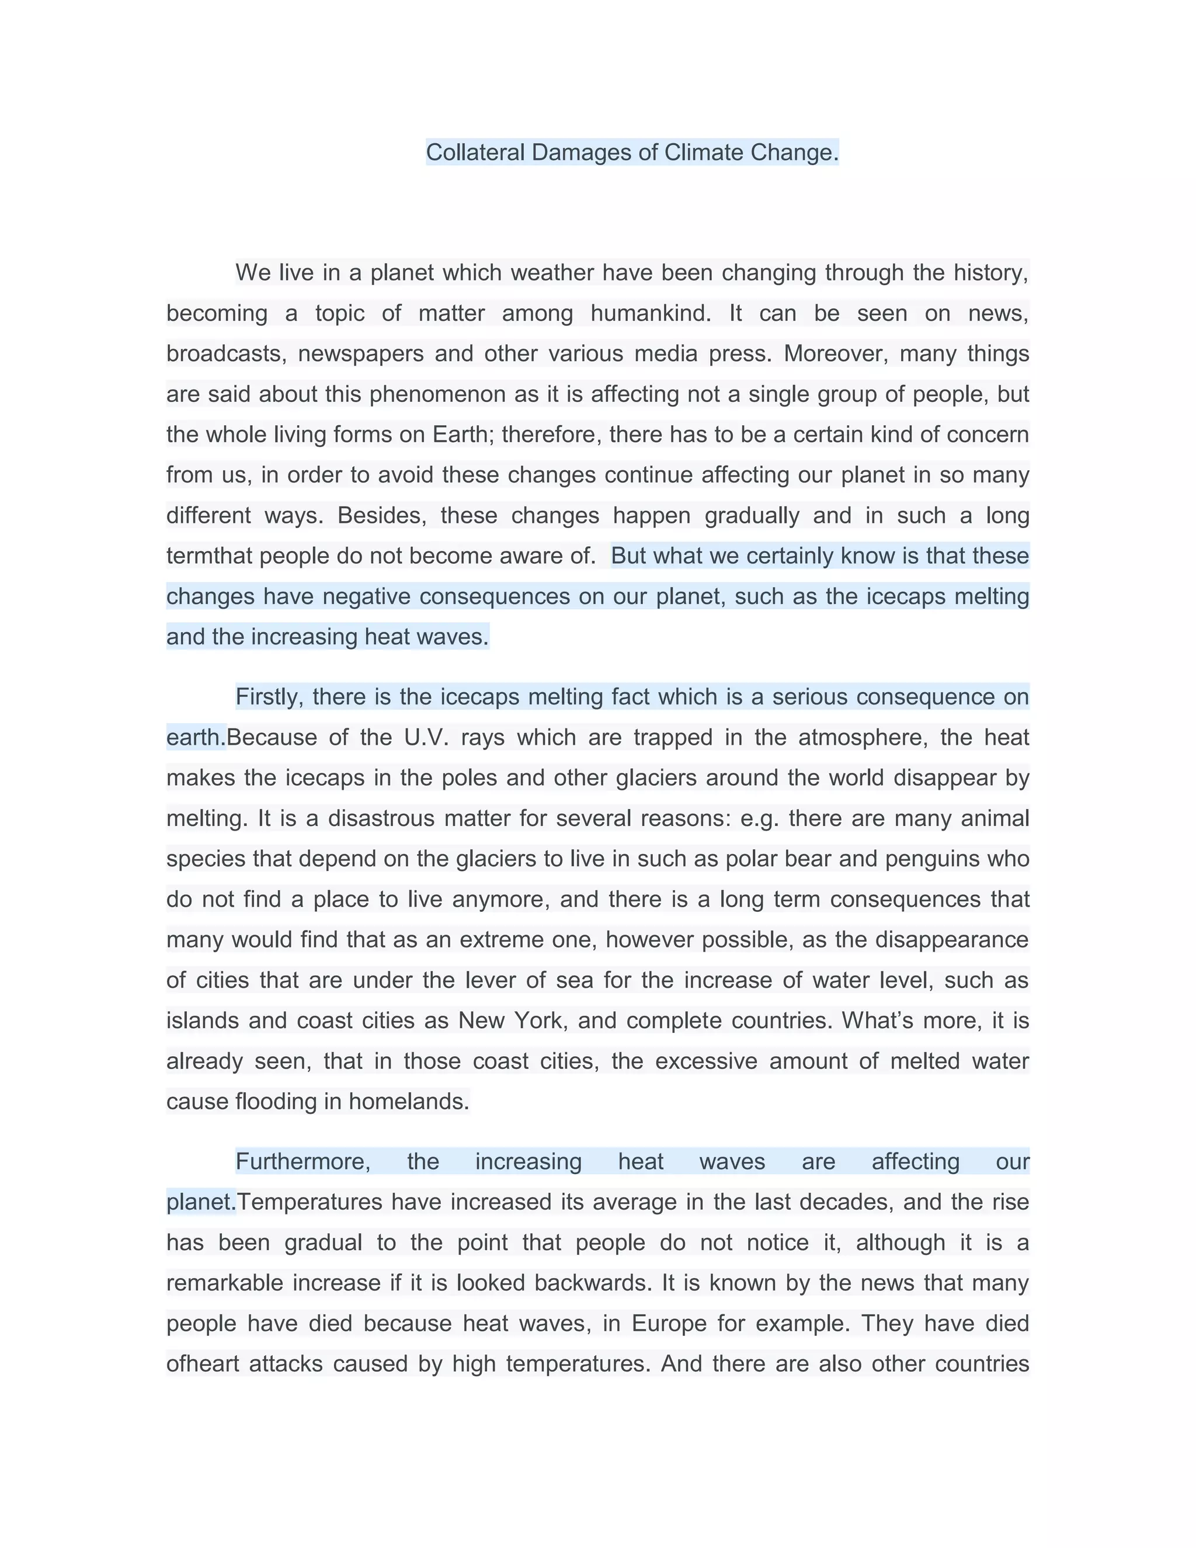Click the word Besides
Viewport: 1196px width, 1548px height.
click(383, 515)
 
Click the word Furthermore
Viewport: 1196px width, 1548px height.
click(303, 1162)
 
